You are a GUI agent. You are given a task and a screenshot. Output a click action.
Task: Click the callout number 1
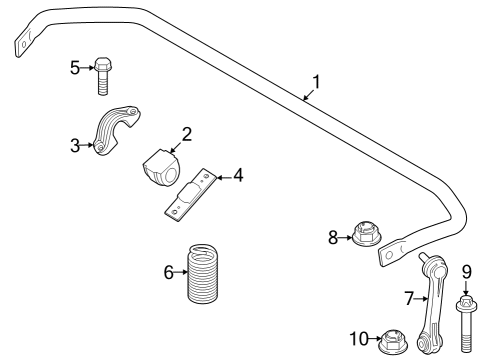(x=316, y=80)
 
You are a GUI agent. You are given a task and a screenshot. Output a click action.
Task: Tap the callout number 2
(x=186, y=132)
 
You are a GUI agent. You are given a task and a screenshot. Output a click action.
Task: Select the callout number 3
(x=74, y=146)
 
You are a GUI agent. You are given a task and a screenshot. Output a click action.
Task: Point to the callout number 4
(x=238, y=176)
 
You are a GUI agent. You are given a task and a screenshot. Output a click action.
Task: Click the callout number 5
(x=74, y=67)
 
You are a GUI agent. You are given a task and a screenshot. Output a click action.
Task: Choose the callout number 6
(x=169, y=271)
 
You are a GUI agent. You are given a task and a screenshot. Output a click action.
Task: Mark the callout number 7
(x=408, y=296)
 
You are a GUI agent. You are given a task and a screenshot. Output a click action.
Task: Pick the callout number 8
(x=334, y=237)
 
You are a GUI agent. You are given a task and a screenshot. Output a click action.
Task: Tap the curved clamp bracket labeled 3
(x=112, y=131)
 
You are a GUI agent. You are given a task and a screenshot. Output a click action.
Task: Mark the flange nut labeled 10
(x=392, y=343)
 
